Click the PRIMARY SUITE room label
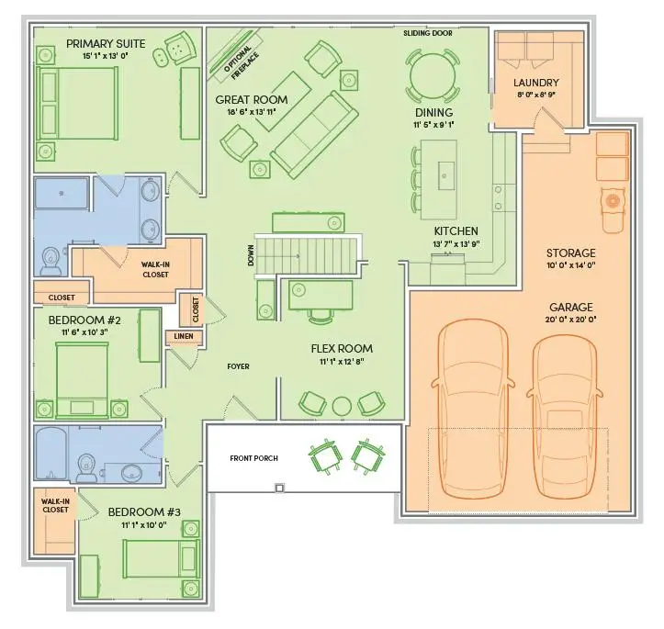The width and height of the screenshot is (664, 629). point(106,43)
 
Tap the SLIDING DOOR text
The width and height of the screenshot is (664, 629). point(428,33)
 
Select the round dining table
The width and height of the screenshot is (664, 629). point(433,76)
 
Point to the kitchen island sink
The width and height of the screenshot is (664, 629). point(445,175)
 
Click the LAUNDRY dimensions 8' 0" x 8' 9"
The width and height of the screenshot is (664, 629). point(536,95)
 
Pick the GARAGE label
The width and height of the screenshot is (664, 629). point(571,307)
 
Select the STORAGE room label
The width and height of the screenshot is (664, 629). point(571,253)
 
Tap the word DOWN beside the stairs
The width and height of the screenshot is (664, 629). point(251,255)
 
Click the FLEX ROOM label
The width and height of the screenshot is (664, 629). point(342,348)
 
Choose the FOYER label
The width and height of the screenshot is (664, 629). point(239,366)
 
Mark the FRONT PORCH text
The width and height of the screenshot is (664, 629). point(254,458)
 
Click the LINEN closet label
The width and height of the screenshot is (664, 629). point(184,336)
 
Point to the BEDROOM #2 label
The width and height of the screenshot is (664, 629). point(84,320)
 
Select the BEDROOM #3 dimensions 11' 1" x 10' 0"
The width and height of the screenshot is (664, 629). point(144,525)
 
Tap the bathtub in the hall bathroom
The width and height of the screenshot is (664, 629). point(51,454)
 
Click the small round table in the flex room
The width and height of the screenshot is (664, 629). point(342,407)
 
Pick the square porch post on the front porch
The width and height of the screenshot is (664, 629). point(279,488)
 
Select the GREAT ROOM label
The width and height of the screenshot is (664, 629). point(252,99)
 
